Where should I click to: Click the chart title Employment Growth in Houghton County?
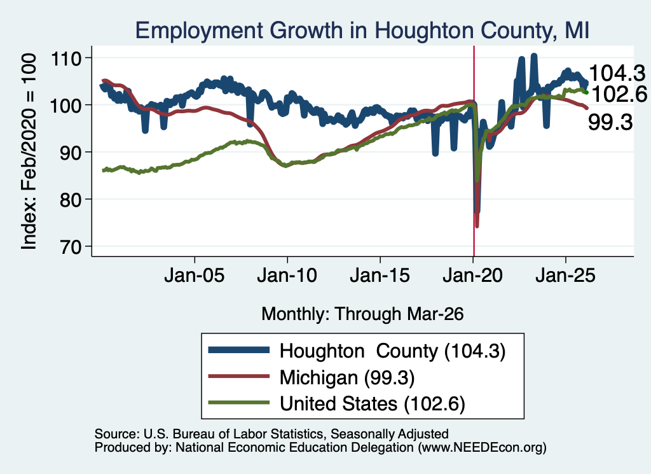362,31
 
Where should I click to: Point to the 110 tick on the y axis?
65,59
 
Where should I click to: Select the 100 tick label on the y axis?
65,106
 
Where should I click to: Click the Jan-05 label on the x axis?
195,275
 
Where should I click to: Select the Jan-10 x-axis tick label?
287,275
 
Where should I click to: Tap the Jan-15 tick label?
380,275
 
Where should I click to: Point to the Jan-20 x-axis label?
473,275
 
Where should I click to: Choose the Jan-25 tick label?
565,275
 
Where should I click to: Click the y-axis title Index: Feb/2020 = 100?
29,151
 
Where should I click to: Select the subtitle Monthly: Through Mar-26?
362,314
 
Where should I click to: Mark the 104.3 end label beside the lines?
617,74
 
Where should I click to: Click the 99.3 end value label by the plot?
610,123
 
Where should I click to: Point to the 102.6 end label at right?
619,94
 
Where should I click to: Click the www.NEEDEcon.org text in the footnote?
482,447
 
